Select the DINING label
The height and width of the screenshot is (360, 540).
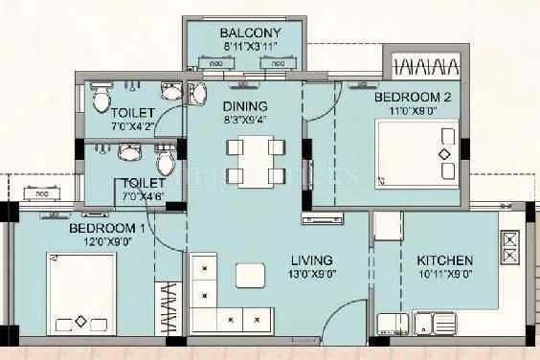click(244, 106)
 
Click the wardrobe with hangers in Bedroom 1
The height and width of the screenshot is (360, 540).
click(168, 308)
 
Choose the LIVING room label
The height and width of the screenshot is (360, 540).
click(312, 259)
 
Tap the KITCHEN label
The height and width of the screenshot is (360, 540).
click(445, 259)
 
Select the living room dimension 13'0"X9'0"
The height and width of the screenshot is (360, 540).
click(312, 274)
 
